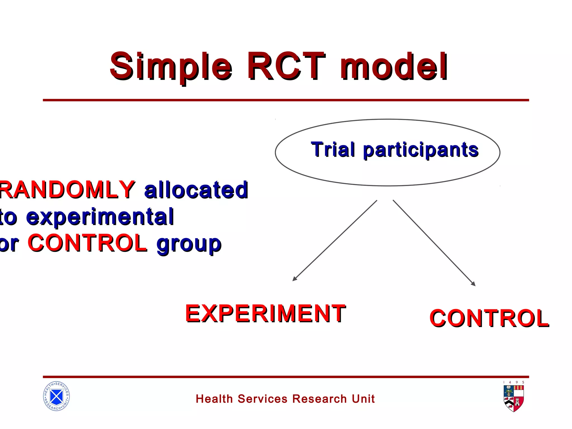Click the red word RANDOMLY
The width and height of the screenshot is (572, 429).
point(67,190)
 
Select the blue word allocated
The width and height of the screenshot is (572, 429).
point(196,190)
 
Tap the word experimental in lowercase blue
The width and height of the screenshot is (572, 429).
point(100,217)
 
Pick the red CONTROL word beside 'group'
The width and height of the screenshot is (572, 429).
point(87,243)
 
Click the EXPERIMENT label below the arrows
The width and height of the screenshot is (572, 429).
point(265,313)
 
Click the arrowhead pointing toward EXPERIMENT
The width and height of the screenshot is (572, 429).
point(294,279)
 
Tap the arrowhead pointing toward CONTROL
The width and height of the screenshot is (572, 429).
point(473,284)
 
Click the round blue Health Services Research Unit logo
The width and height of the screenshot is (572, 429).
point(56,396)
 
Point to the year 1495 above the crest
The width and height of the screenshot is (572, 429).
point(514,382)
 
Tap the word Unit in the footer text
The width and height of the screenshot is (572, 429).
point(363,399)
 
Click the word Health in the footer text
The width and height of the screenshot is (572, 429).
point(214,399)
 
